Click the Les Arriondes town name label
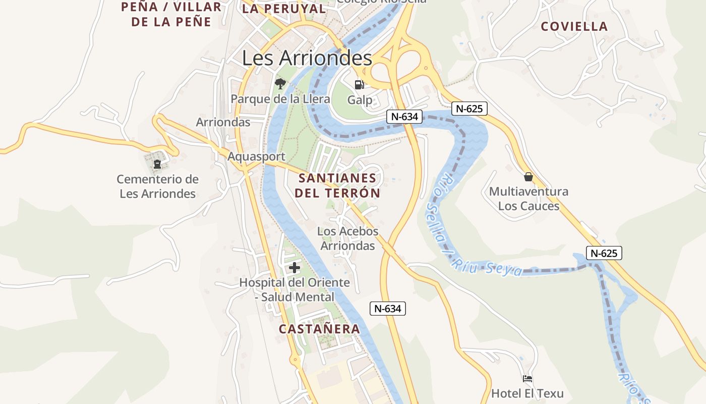(307, 58)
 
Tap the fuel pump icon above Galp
(359, 85)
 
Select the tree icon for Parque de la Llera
(280, 83)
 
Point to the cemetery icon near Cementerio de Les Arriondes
(157, 164)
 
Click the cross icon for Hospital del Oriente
(295, 268)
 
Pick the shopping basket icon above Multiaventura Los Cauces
(528, 177)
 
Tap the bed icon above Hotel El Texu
(527, 379)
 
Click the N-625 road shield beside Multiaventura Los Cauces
(604, 253)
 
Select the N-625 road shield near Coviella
(469, 108)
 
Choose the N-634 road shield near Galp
(404, 117)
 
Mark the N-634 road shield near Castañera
(388, 309)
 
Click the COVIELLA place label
(574, 27)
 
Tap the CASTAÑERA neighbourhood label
(320, 329)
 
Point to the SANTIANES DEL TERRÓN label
(337, 185)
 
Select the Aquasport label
(256, 157)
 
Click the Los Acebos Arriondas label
(348, 238)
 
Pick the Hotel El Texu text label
(527, 393)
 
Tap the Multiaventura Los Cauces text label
(528, 198)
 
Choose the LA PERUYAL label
(284, 9)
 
